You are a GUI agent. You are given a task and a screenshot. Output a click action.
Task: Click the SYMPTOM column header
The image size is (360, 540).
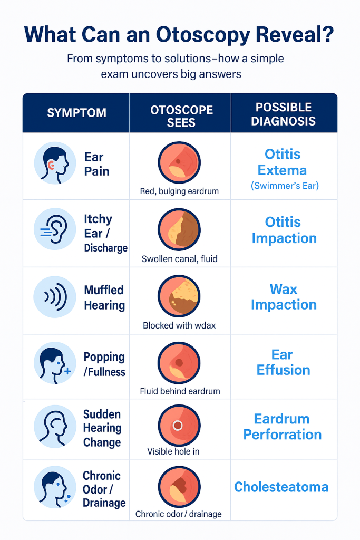click(x=76, y=112)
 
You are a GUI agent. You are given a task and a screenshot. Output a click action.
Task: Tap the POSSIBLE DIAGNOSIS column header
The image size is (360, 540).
click(x=283, y=114)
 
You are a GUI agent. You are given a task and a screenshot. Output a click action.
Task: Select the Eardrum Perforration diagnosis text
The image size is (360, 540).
click(x=283, y=427)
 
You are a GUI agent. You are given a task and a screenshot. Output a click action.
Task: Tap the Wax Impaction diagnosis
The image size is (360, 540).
click(x=284, y=297)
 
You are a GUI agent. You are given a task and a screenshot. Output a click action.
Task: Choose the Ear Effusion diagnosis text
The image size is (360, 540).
click(x=283, y=362)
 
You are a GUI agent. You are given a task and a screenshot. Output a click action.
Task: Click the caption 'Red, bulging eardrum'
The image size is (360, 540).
click(x=179, y=191)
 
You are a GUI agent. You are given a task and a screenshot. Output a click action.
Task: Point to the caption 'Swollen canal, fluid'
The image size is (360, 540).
click(x=179, y=258)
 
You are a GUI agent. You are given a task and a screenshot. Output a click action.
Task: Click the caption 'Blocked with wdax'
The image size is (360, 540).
click(x=179, y=325)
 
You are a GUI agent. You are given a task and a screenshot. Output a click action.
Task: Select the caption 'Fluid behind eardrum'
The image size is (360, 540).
click(x=180, y=391)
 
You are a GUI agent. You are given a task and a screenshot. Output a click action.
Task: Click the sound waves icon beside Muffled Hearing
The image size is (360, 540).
click(x=54, y=297)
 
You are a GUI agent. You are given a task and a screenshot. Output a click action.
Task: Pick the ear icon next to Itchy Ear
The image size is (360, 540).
click(x=54, y=229)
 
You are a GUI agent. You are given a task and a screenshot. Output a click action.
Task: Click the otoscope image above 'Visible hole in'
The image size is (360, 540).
click(x=179, y=426)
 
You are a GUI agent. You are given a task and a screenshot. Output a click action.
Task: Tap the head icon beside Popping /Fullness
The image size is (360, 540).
click(x=54, y=363)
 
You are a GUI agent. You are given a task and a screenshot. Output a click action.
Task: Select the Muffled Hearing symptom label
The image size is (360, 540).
click(x=104, y=297)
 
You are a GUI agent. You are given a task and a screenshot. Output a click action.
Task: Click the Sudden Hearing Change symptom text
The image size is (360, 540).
click(x=102, y=428)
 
